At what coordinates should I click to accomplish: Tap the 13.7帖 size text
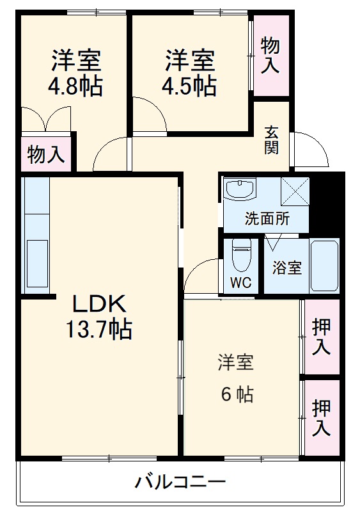point(99,330)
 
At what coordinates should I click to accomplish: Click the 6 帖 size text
point(237,394)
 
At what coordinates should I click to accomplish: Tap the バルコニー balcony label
point(180,481)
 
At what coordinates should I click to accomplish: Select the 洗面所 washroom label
point(267,218)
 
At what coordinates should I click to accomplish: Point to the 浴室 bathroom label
point(286,268)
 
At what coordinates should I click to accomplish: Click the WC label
point(241,282)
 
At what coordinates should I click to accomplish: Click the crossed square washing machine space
point(295,191)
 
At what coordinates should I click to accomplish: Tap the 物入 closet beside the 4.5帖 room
point(270,55)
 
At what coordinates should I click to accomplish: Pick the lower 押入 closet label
point(321,417)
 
